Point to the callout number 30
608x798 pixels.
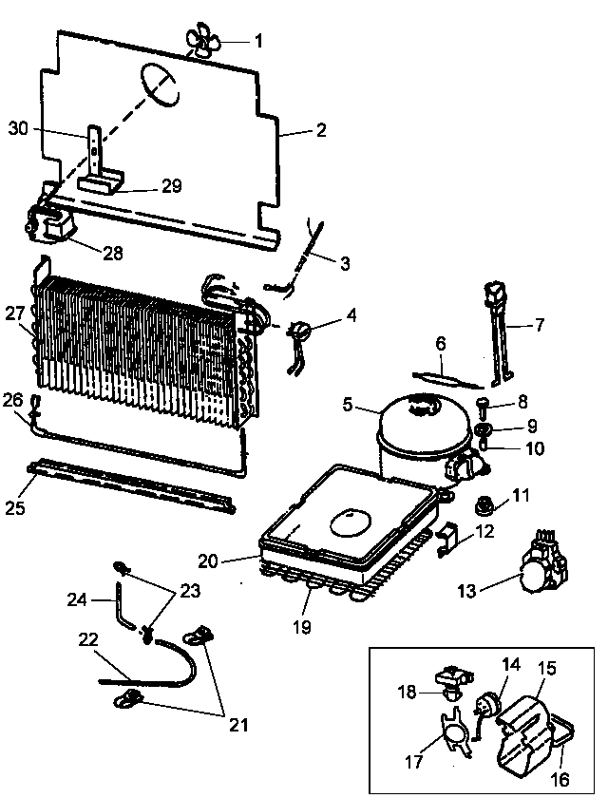[19, 129]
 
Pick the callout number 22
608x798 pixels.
[87, 640]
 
